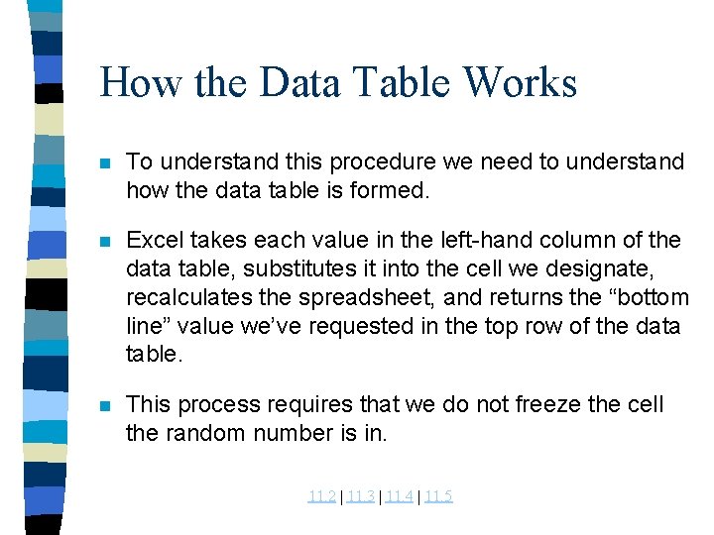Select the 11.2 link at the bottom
pos(321,496)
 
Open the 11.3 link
pos(361,496)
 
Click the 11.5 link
pos(438,496)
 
